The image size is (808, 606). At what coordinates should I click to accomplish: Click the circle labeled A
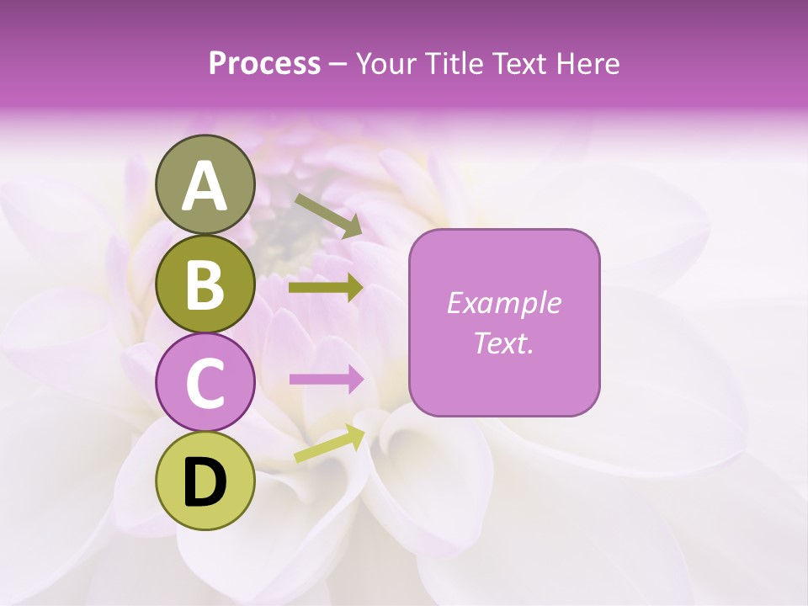point(205,184)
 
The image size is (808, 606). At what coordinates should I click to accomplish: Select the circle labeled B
point(205,284)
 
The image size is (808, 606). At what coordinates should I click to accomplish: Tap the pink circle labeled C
point(205,383)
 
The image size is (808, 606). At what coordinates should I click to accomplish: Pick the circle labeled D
point(205,481)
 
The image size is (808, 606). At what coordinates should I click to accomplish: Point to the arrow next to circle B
point(326,288)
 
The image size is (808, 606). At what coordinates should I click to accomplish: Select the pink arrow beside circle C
point(326,380)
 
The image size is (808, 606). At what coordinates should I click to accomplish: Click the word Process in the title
point(264,64)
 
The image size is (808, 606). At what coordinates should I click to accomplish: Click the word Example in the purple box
point(503,303)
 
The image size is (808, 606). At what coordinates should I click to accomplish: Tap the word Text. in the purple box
point(503,343)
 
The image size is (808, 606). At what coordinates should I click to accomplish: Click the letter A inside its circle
point(205,186)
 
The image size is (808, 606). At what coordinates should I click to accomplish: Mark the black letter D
point(205,482)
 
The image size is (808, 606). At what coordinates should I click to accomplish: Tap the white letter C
point(205,384)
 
